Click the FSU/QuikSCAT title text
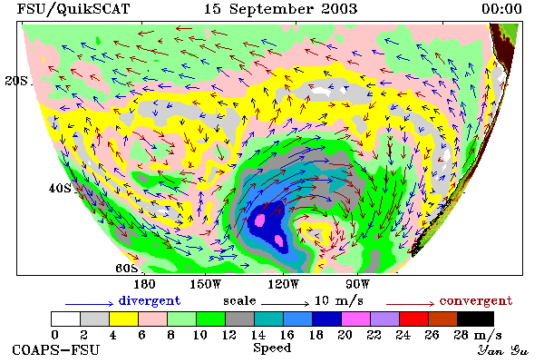[73, 9]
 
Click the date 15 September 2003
[280, 9]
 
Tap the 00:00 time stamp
[501, 9]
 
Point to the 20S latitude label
[16, 81]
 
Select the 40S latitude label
[60, 189]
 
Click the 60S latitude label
[127, 269]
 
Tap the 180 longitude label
[144, 284]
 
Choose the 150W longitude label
[206, 284]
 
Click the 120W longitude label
[283, 284]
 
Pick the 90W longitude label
[357, 284]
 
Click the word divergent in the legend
[150, 300]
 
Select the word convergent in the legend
[476, 300]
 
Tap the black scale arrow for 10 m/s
[285, 304]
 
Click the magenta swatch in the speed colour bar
[355, 319]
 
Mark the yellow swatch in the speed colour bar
[123, 319]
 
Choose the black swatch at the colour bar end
[475, 319]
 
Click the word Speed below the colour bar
[272, 348]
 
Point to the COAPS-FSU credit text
[56, 350]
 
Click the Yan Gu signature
[502, 350]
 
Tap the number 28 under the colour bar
[461, 335]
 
